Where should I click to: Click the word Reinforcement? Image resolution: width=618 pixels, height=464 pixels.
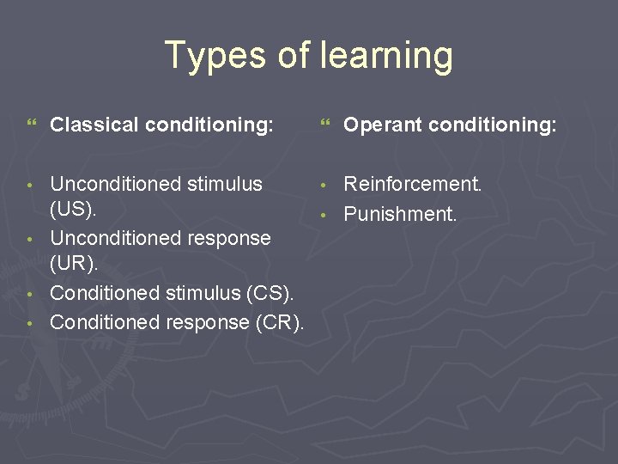413,184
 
